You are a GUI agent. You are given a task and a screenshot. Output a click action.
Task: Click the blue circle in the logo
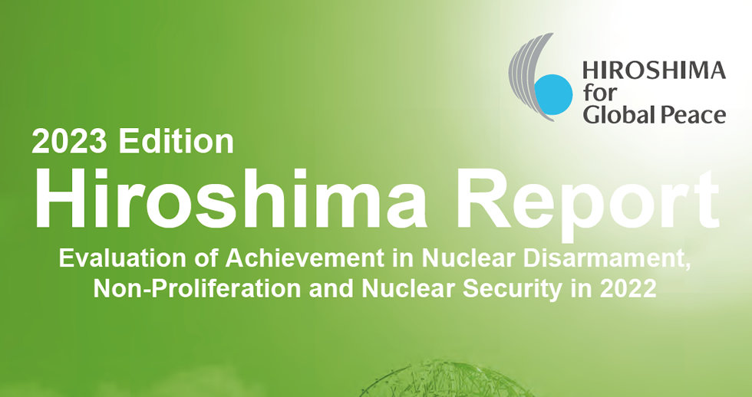(553, 94)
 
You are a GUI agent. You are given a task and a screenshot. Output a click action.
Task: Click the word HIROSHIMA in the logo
(654, 71)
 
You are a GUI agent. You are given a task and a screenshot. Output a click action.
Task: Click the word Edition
(176, 141)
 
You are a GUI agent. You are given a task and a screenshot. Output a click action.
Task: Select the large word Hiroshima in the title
(230, 198)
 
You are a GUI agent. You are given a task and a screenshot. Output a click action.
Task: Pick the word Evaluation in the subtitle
(122, 258)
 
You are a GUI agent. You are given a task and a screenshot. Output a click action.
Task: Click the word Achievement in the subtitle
(305, 258)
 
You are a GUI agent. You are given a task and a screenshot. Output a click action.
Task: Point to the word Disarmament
(607, 259)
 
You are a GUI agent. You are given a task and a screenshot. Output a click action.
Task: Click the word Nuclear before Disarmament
(469, 258)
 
